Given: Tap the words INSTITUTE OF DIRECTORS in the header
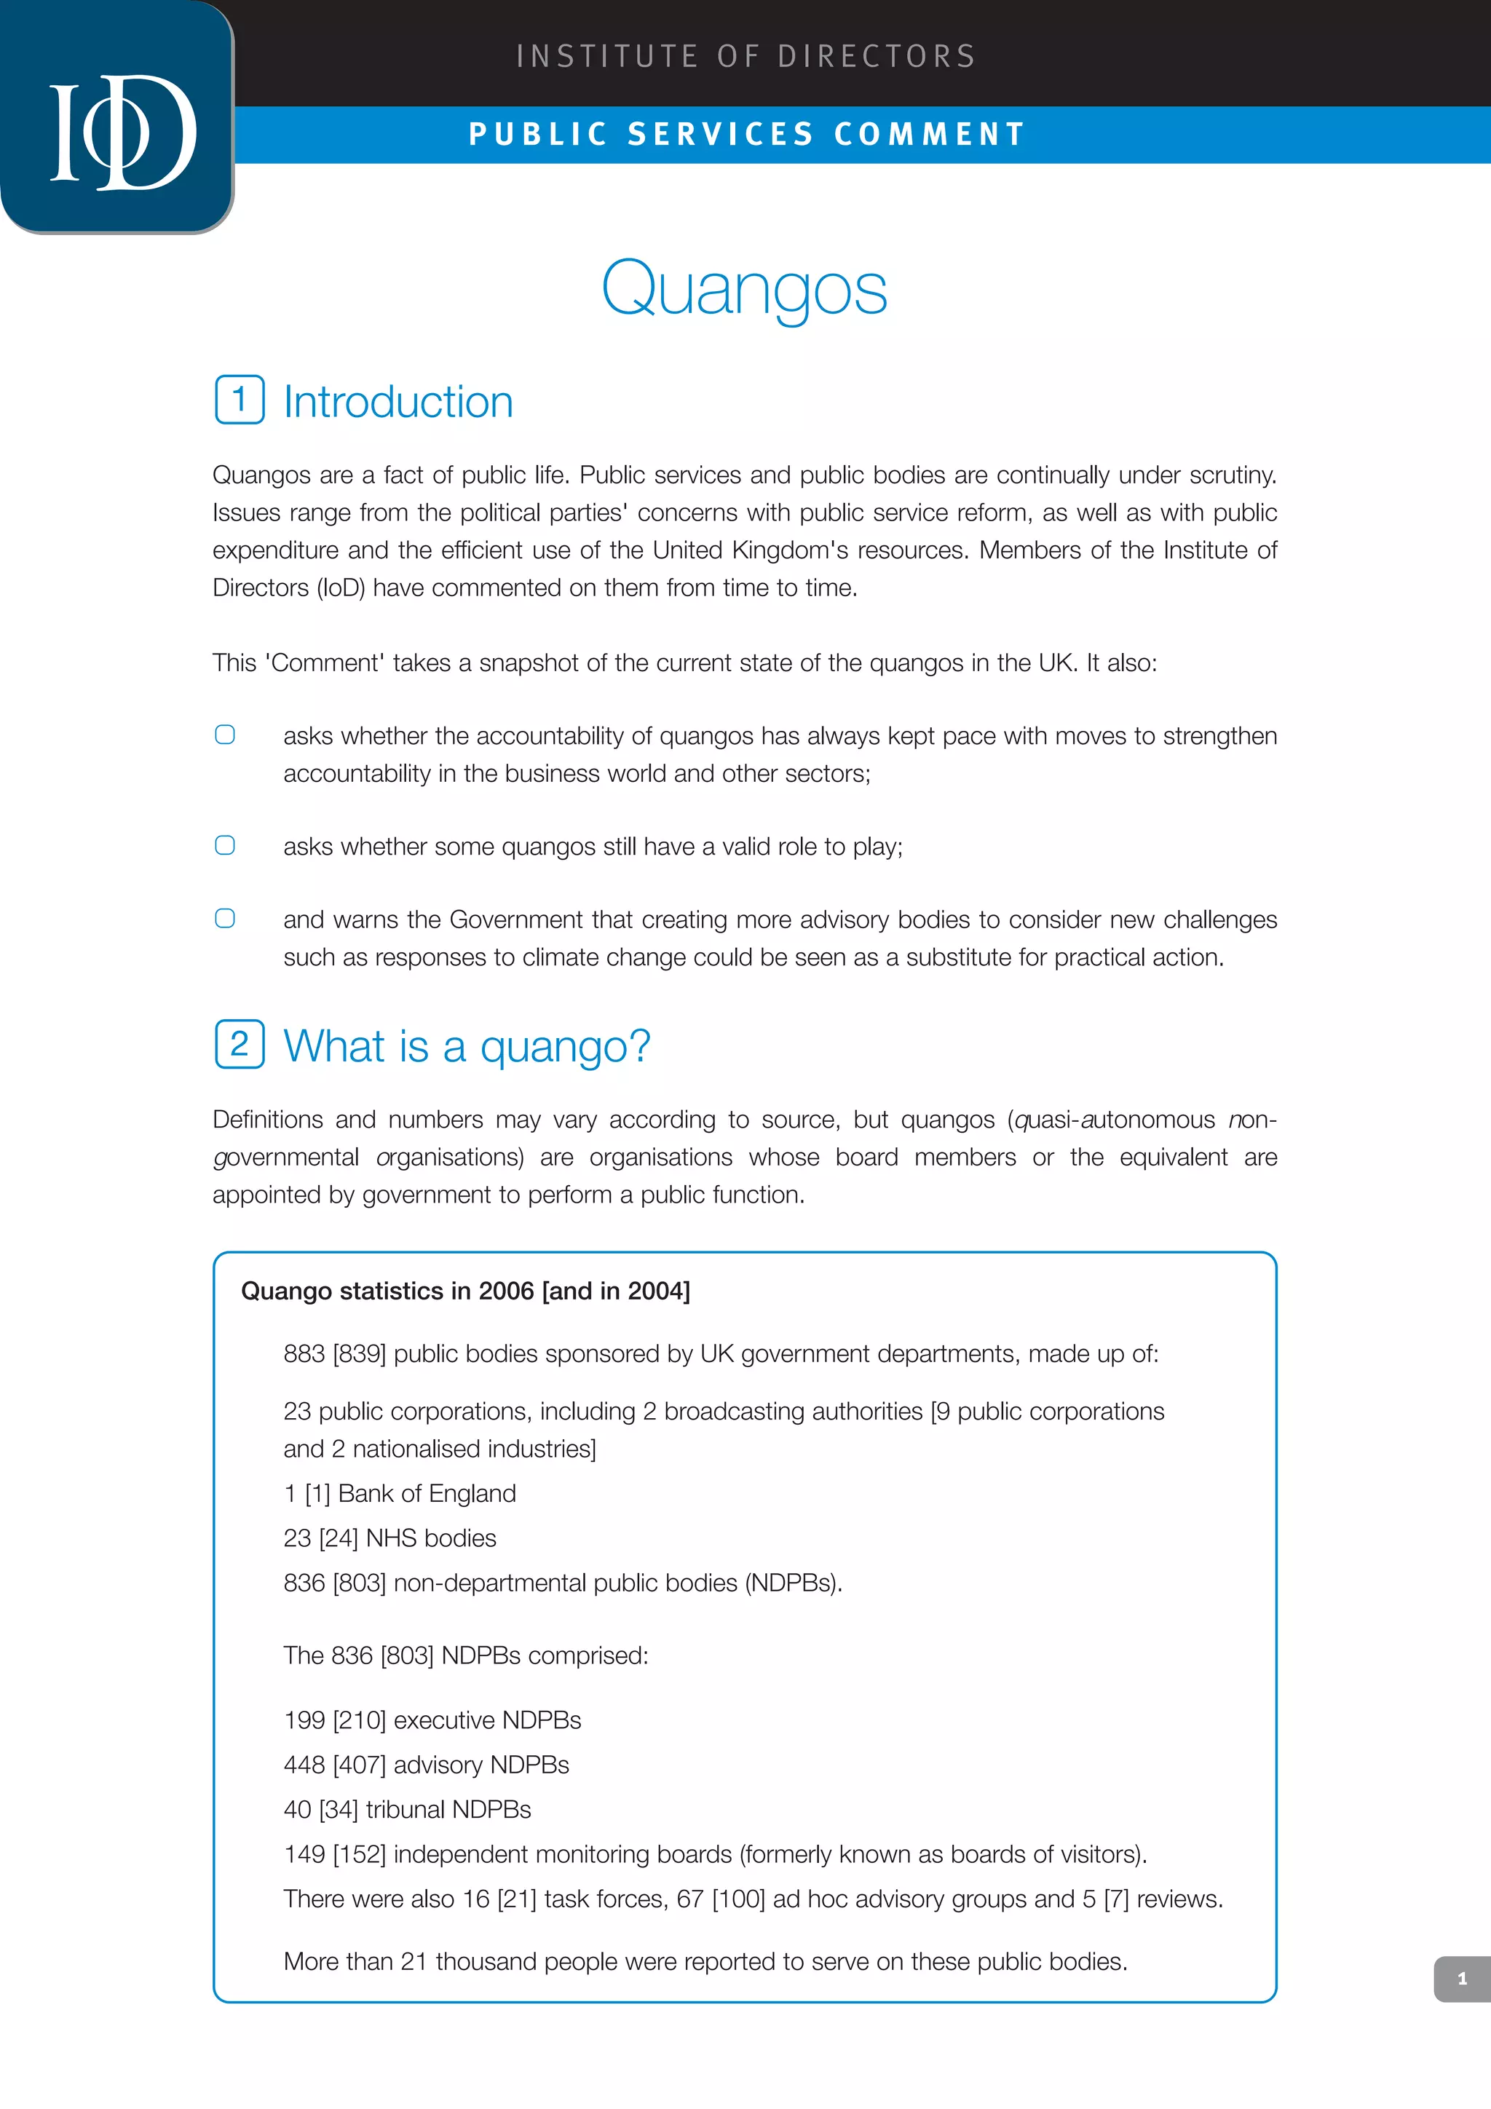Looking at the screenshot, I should point(746,56).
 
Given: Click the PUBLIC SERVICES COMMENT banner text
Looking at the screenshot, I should point(747,135).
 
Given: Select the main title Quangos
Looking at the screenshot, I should point(744,288).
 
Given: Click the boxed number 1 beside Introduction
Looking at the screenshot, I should point(240,400).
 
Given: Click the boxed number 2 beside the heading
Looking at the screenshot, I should point(240,1045).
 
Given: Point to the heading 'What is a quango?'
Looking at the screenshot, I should point(467,1046).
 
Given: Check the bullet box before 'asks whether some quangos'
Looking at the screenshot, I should point(225,845).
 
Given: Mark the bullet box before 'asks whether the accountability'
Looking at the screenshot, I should point(225,735).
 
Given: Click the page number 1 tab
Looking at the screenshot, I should point(1462,1979).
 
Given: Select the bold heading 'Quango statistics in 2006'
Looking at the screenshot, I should point(465,1291).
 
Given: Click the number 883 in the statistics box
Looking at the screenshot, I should point(304,1354).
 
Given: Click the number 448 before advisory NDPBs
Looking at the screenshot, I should point(304,1765).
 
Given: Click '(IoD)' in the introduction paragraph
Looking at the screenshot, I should point(341,588).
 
